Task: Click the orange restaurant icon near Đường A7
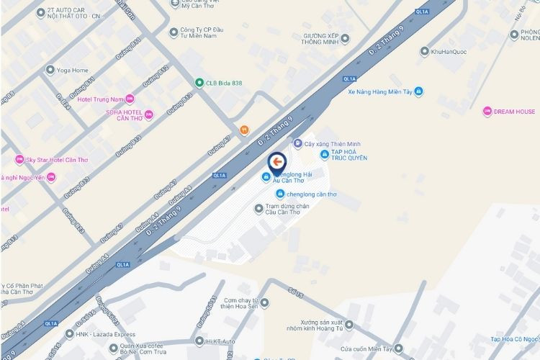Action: pyautogui.click(x=245, y=130)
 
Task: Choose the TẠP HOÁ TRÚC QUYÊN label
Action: pyautogui.click(x=349, y=156)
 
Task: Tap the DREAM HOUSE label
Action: pyautogui.click(x=514, y=112)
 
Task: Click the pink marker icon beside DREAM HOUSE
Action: pyautogui.click(x=487, y=112)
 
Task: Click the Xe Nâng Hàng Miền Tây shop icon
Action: pyautogui.click(x=419, y=91)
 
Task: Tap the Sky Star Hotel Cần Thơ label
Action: pyautogui.click(x=57, y=159)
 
